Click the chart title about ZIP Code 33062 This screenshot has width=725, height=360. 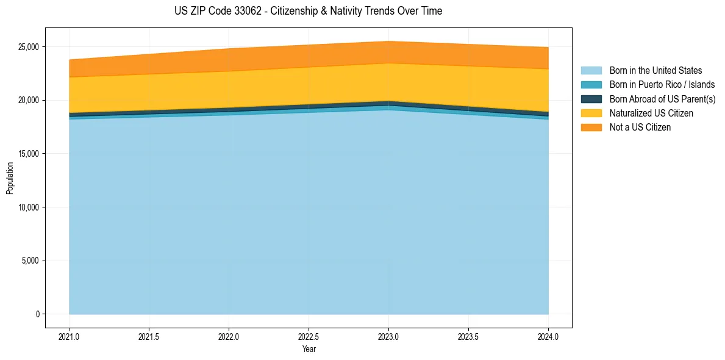308,11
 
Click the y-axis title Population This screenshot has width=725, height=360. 10,178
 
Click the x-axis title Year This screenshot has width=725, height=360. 309,349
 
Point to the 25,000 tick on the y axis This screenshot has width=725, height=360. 28,47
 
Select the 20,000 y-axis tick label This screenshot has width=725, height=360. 28,100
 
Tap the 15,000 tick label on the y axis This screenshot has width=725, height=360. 28,154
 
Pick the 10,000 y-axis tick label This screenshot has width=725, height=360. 28,207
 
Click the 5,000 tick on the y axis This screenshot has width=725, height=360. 30,261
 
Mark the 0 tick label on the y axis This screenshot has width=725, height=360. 37,314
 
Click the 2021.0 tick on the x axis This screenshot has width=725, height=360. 70,336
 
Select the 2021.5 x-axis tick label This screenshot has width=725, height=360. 149,336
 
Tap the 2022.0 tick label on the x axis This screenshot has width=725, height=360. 229,336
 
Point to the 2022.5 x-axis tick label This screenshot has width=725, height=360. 309,336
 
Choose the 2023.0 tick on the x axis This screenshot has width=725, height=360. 388,336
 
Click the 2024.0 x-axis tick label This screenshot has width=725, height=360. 548,336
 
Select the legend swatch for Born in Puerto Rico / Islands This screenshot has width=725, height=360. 591,85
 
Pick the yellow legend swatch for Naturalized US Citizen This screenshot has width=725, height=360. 591,113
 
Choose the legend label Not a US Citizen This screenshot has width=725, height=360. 640,128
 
